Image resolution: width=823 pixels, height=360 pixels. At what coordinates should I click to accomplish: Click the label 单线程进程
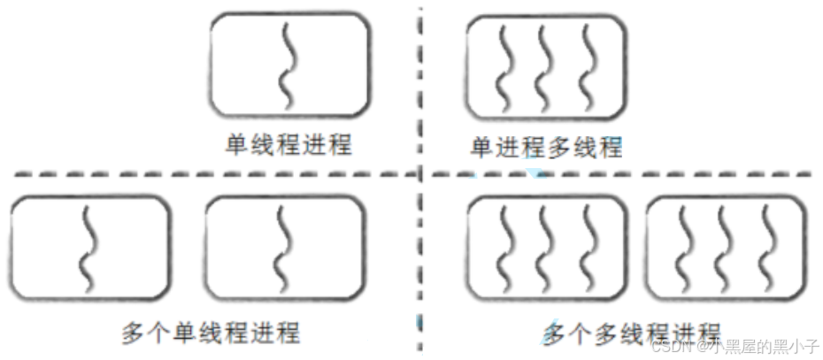pyautogui.click(x=288, y=143)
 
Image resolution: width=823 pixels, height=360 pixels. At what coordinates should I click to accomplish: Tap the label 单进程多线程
pyautogui.click(x=546, y=146)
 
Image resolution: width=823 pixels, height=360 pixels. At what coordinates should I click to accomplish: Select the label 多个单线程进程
pyautogui.click(x=211, y=333)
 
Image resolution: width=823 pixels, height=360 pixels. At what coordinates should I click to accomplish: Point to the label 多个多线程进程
pyautogui.click(x=631, y=333)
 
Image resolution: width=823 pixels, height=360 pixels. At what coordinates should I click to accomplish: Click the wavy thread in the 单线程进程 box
pyautogui.click(x=288, y=64)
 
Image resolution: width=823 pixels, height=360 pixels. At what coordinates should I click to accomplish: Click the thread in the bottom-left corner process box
pyautogui.click(x=89, y=249)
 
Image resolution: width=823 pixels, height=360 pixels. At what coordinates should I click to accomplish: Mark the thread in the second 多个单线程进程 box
pyautogui.click(x=283, y=249)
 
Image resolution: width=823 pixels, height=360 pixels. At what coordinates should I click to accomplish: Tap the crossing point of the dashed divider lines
pyautogui.click(x=421, y=173)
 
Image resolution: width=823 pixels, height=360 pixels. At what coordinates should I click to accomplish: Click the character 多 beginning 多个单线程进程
pyautogui.click(x=133, y=333)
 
